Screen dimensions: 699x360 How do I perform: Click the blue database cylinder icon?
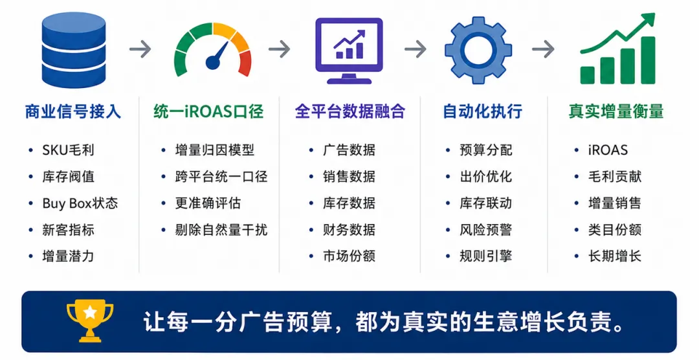(x=74, y=50)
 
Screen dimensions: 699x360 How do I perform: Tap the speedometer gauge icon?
(x=213, y=49)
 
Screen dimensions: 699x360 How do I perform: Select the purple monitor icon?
(x=349, y=51)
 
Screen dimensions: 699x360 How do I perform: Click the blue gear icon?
(x=478, y=50)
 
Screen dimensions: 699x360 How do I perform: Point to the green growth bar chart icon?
(x=617, y=49)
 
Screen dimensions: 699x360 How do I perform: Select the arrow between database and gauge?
(x=140, y=49)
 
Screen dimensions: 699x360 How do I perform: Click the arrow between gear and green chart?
(x=543, y=49)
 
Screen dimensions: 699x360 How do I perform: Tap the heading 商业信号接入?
(x=72, y=111)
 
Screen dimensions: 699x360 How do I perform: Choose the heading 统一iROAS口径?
(x=208, y=111)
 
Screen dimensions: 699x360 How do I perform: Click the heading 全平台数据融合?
(x=350, y=111)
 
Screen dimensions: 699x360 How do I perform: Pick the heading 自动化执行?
(x=482, y=111)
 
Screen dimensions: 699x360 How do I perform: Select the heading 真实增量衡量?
(x=616, y=111)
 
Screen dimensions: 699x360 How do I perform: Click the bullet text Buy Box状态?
(x=80, y=203)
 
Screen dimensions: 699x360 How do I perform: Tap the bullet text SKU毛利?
(x=68, y=150)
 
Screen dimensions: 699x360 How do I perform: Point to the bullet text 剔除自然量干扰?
(x=221, y=230)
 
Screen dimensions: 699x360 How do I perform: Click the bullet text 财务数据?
(x=349, y=230)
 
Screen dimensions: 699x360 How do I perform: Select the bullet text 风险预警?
(x=486, y=230)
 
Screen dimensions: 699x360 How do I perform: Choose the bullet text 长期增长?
(x=615, y=256)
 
